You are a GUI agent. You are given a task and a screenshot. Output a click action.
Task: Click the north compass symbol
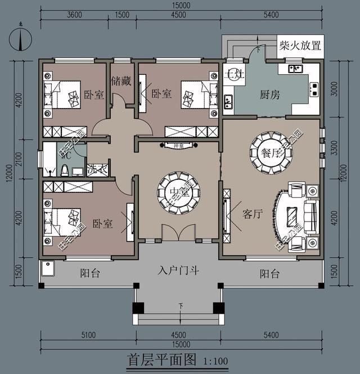pyautogui.click(x=20, y=39)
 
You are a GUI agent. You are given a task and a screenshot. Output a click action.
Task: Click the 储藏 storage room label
pyautogui.click(x=121, y=81)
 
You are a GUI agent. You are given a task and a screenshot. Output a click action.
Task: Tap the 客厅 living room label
pyautogui.click(x=253, y=214)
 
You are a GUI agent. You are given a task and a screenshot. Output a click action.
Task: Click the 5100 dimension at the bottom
pyautogui.click(x=88, y=335)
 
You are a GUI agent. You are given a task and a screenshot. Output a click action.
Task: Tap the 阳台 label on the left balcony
pyautogui.click(x=90, y=274)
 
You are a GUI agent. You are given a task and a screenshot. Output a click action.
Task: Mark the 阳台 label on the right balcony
pyautogui.click(x=270, y=274)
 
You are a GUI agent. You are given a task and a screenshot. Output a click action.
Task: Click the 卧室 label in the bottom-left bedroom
pyautogui.click(x=102, y=224)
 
